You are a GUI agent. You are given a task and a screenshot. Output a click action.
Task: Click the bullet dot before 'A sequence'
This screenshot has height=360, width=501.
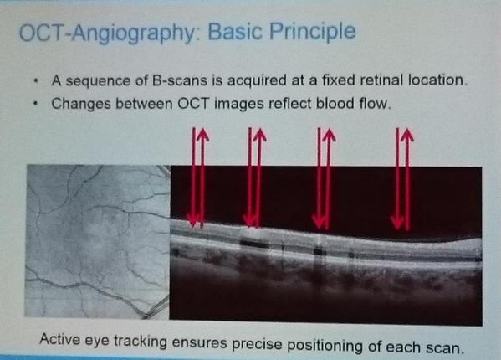pyautogui.click(x=36, y=81)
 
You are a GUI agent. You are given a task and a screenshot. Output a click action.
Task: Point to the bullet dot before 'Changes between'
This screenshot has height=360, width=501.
pyautogui.click(x=37, y=104)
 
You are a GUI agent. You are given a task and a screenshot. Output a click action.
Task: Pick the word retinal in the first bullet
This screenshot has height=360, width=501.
pyautogui.click(x=382, y=80)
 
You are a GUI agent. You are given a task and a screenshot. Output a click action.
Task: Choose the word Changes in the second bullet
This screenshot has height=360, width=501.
pyautogui.click(x=80, y=104)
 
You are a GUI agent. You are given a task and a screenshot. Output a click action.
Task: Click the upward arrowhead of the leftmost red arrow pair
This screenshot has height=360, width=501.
pyautogui.click(x=202, y=134)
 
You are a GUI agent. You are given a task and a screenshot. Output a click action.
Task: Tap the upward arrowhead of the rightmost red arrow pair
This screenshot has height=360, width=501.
pyautogui.click(x=407, y=134)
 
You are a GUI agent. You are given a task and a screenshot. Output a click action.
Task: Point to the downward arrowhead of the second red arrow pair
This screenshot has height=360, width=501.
pyautogui.click(x=249, y=221)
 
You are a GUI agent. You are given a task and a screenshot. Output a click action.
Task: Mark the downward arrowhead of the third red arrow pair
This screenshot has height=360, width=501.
pyautogui.click(x=319, y=223)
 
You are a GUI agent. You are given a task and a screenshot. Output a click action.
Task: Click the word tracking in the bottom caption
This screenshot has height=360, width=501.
pyautogui.click(x=141, y=342)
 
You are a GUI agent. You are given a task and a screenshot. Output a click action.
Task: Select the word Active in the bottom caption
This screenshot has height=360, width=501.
pyautogui.click(x=59, y=338)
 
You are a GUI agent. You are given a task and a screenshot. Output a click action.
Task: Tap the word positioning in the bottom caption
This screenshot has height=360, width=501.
pyautogui.click(x=325, y=346)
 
